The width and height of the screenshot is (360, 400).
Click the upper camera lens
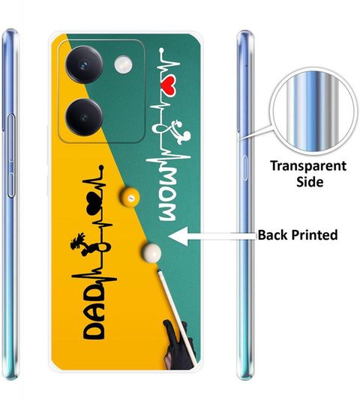tap(84, 64)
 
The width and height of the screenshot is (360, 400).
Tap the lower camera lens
tap(84, 118)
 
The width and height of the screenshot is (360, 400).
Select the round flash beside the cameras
tap(124, 64)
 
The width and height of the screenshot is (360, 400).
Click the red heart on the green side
tap(169, 88)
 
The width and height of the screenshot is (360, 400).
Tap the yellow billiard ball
tap(130, 197)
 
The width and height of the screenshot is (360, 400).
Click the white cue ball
tap(152, 252)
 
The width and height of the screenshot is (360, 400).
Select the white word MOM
tap(167, 196)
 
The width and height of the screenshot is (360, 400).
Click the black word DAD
tap(94, 311)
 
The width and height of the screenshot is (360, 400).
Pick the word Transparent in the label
tap(308, 166)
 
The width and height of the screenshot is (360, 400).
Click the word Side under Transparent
tap(310, 182)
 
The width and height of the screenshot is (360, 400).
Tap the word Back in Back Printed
tap(273, 234)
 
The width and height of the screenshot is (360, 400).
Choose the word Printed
tap(314, 234)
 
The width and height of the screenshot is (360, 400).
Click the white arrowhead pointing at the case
tap(178, 236)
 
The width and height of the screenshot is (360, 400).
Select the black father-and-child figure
tap(81, 244)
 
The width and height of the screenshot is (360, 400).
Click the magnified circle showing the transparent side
tap(313, 112)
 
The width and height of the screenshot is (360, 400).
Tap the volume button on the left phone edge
tap(11, 156)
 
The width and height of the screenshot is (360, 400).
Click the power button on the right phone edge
tap(244, 168)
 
